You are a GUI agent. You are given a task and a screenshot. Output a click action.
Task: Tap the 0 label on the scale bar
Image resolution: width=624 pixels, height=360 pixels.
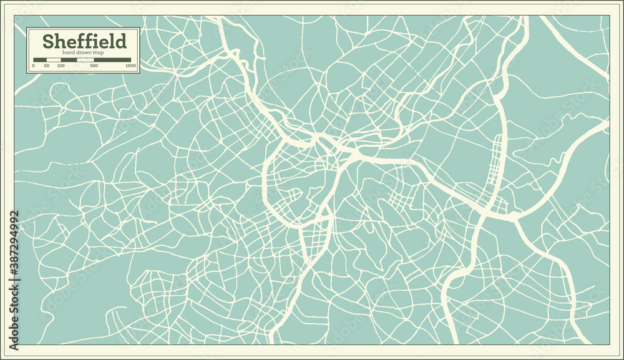[x=34, y=66]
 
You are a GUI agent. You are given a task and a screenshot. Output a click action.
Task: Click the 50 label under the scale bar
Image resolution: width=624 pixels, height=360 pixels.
[x=47, y=66]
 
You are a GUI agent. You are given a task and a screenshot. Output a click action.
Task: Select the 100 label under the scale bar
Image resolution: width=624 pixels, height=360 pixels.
[x=61, y=66]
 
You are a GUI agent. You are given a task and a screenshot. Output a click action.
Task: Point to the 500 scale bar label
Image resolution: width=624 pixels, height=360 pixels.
[x=94, y=66]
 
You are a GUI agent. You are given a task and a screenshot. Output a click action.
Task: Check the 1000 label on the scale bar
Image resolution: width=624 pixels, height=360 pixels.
[x=130, y=66]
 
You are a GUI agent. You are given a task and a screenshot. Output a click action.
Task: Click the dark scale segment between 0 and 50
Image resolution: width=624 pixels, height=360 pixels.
[x=41, y=60]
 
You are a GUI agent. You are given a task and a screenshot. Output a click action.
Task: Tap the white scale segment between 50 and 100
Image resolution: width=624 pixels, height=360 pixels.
[x=54, y=60]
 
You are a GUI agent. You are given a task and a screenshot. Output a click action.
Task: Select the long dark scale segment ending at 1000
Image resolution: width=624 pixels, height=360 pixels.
[x=113, y=60]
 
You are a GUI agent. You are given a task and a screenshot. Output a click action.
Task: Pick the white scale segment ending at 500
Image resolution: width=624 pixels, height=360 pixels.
[x=85, y=60]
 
